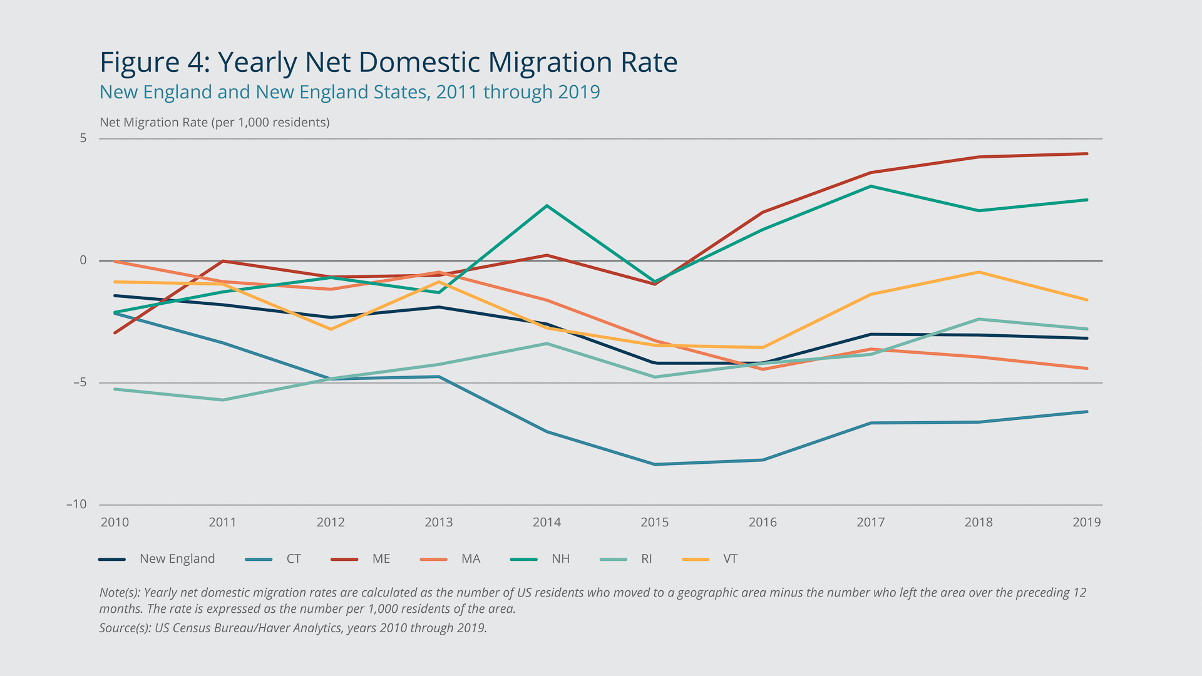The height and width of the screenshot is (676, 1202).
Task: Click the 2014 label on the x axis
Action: click(547, 522)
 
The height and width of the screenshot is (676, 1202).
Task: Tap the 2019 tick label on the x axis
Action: click(1086, 522)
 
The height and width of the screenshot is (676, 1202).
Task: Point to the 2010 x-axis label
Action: click(115, 522)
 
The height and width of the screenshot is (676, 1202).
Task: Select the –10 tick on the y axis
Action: click(77, 504)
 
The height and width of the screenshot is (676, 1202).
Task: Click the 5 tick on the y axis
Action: click(83, 138)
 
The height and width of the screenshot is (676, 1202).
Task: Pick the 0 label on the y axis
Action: click(83, 260)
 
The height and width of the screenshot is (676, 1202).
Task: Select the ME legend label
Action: click(381, 559)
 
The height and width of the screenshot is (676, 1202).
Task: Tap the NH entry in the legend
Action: click(560, 559)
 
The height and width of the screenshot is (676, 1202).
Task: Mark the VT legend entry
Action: click(730, 559)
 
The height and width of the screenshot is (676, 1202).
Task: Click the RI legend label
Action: click(647, 559)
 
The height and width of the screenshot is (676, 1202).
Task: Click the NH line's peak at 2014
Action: click(547, 206)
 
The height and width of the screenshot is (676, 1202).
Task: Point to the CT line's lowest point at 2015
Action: click(655, 464)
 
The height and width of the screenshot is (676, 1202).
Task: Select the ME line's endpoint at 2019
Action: click(1086, 153)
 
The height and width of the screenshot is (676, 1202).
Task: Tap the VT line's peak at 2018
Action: click(979, 272)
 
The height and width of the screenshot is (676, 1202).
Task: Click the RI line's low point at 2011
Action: click(223, 400)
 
